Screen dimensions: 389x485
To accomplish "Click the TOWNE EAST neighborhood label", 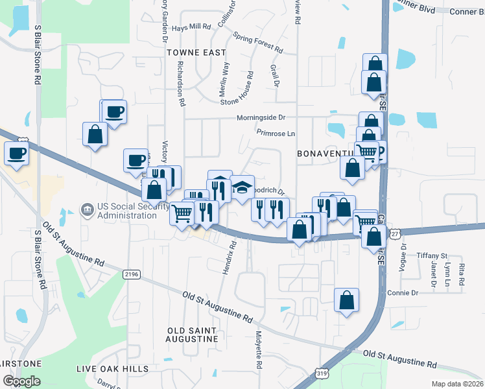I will point(196,52).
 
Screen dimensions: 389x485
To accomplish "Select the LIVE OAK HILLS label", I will point(113,369).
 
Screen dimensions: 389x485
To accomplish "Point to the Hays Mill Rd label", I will point(192,27).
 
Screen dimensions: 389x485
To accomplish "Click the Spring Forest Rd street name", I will point(258,43).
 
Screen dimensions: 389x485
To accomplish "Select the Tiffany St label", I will point(432,256).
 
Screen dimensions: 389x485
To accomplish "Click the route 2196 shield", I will point(131,275).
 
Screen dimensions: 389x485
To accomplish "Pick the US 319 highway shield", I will point(322,373).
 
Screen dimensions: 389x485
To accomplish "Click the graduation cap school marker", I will point(242,188).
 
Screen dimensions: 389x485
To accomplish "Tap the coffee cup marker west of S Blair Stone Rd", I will point(16,154).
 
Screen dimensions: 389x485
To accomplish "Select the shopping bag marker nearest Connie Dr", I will point(347,300).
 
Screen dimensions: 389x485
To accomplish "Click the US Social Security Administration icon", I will point(86,209).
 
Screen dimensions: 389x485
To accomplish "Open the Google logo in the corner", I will point(21,381).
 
